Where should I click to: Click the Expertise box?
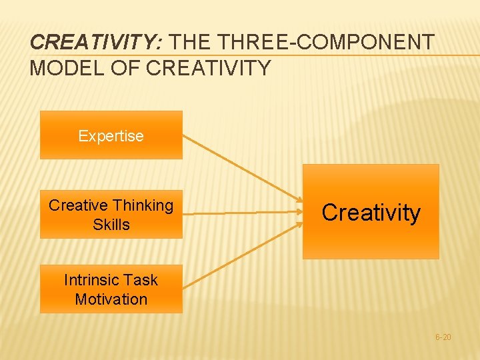(x=111, y=135)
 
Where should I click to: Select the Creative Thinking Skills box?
(x=111, y=215)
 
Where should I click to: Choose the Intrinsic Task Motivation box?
(x=111, y=289)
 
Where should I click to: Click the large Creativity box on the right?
(x=371, y=212)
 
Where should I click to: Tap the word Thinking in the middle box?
(x=143, y=205)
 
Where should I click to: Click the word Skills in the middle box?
(x=111, y=225)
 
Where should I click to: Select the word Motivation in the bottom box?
(x=111, y=299)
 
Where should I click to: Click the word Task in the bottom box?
(x=141, y=280)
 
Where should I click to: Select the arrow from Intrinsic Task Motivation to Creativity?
(x=241, y=255)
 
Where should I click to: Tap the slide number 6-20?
(x=443, y=337)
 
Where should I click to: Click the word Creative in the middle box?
(x=77, y=205)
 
